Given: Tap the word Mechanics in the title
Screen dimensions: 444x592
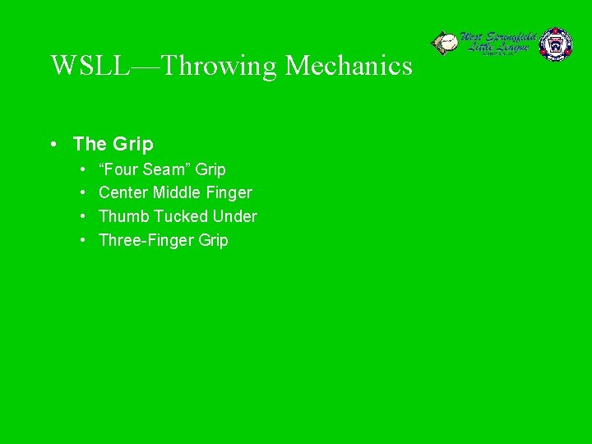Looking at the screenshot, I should (349, 65).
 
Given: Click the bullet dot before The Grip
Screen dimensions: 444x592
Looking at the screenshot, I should (52, 145).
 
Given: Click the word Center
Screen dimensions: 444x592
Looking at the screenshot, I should (123, 193).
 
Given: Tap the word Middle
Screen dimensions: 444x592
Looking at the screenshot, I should (177, 193).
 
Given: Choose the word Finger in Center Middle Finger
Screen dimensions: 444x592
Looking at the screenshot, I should (229, 193).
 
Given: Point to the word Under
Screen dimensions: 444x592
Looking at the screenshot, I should (235, 217).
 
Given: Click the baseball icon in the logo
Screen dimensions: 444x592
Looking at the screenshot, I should (444, 43).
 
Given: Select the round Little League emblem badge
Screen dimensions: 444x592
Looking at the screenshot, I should (555, 44).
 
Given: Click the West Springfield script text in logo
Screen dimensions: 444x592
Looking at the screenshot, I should (497, 38).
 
